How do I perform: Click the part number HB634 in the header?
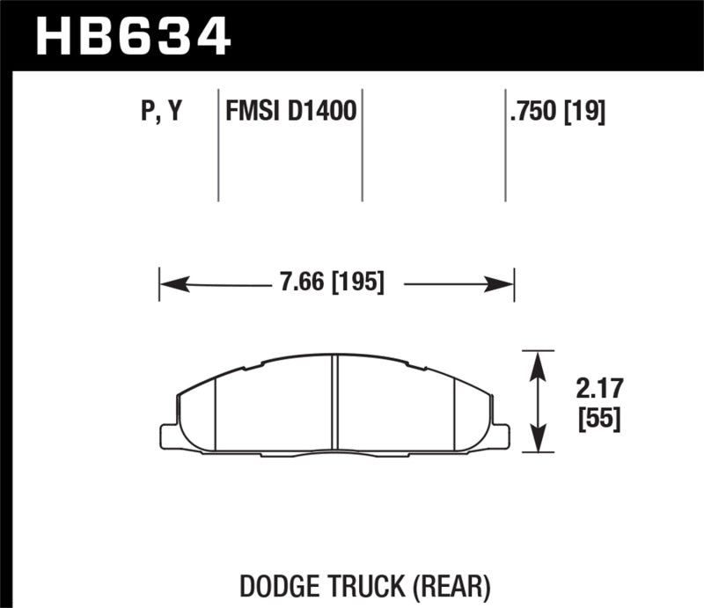[133, 36]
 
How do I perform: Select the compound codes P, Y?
[160, 112]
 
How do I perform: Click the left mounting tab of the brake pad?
[169, 436]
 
